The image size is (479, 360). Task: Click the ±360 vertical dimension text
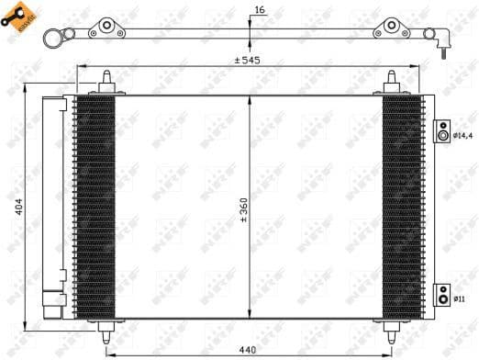tap(243, 210)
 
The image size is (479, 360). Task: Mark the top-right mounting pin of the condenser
tap(392, 82)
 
